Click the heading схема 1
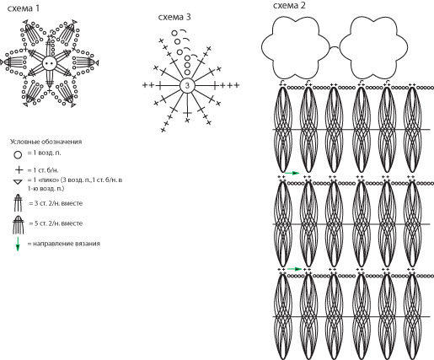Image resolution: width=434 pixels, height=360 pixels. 24,8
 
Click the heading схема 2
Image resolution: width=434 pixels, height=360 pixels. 289,5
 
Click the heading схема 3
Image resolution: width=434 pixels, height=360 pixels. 174,17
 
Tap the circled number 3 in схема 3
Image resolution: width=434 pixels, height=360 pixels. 187,85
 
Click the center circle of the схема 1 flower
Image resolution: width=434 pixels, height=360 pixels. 50,63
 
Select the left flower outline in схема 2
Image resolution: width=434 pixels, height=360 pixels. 295,47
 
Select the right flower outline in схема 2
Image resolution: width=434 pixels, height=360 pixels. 373,47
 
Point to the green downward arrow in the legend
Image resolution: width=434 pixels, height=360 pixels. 18,244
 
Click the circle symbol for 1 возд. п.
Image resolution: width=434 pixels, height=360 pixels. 18,154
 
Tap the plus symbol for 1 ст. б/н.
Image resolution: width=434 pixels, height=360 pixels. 19,170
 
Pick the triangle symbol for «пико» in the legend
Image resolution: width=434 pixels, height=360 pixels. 18,182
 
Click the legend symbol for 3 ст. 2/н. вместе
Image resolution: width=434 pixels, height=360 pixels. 18,203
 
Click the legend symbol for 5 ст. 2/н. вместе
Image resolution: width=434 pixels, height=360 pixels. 19,225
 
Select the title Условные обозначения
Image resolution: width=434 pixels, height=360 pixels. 46,142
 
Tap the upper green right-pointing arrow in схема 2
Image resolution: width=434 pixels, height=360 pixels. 292,173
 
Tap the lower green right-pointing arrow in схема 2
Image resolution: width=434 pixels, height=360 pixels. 294,269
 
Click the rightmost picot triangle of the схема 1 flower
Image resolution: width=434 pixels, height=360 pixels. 97,62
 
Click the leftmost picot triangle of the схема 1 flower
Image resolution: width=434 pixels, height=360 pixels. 2,62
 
